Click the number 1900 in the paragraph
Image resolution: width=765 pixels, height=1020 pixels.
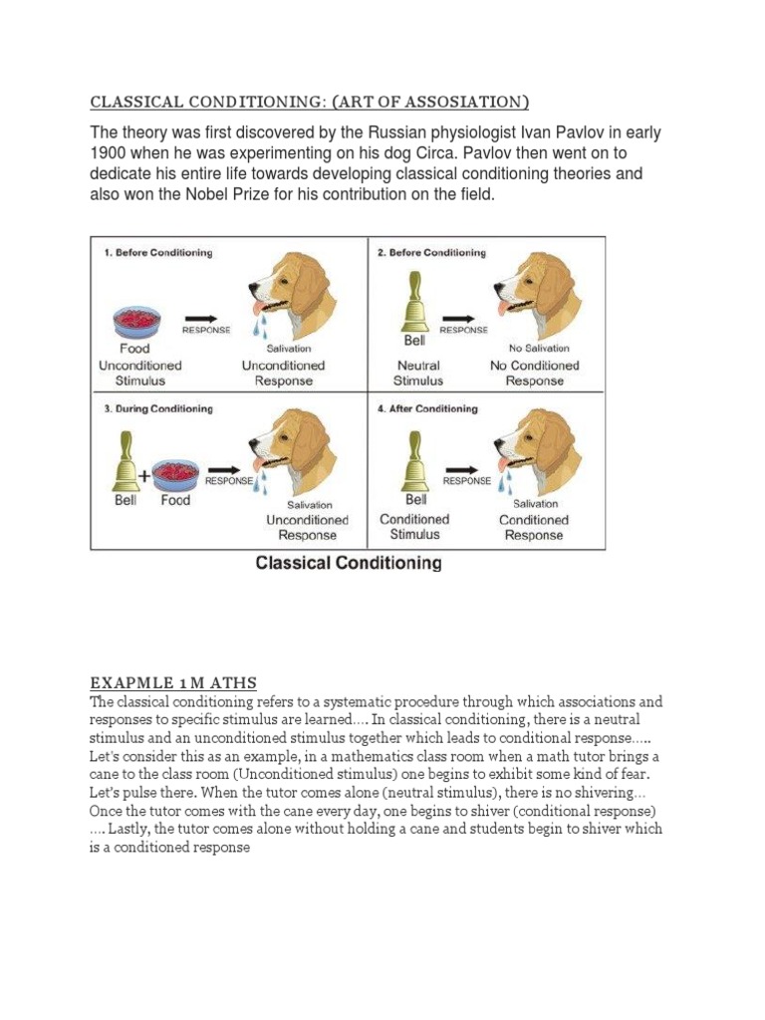click(111, 153)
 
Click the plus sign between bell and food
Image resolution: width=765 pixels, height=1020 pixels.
click(145, 476)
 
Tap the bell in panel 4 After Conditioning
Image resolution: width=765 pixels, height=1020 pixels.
click(416, 464)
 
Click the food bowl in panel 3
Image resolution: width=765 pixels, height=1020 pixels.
click(176, 472)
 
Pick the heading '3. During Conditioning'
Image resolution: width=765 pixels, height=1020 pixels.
click(158, 408)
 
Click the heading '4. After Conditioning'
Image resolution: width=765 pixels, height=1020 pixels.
click(428, 408)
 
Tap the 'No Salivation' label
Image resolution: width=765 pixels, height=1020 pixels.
click(539, 349)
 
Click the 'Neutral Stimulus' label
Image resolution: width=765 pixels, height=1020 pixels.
click(417, 373)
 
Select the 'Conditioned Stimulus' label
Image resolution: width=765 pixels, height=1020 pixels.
click(414, 527)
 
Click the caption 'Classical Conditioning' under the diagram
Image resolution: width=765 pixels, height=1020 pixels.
click(349, 563)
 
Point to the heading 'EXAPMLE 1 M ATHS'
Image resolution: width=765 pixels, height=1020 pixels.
click(173, 682)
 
